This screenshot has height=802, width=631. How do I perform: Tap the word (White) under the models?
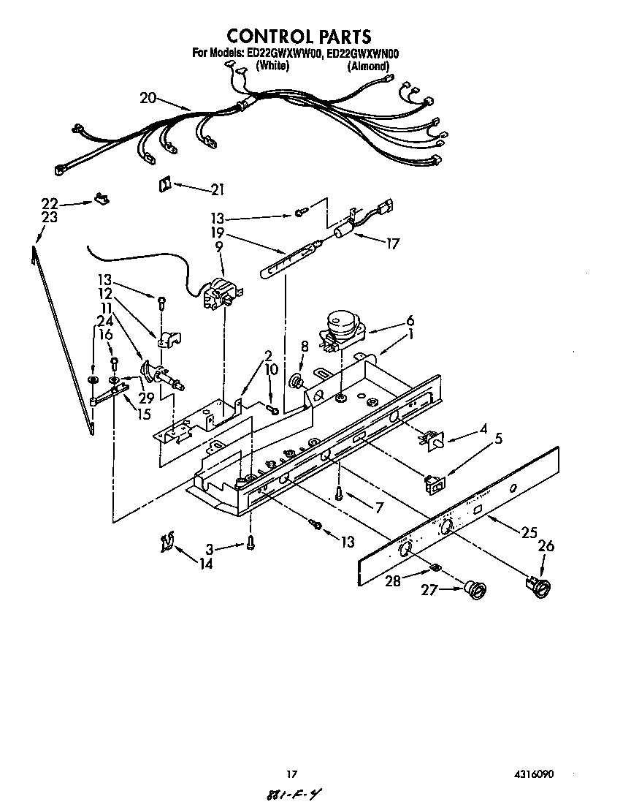click(273, 65)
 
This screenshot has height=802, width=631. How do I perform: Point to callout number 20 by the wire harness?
click(148, 98)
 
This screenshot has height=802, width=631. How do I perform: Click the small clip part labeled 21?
click(164, 185)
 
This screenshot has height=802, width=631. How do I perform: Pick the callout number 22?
click(49, 203)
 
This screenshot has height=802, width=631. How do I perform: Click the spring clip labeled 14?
click(167, 542)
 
